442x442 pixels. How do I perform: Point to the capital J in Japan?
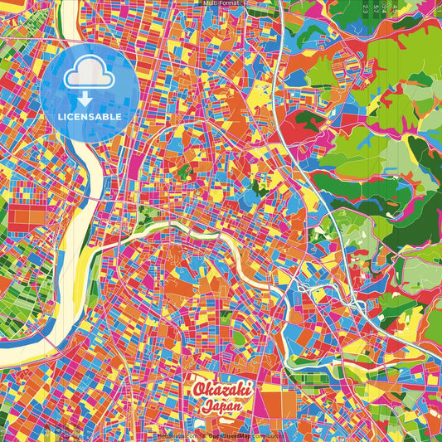point(205,406)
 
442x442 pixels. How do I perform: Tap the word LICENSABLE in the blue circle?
point(89,117)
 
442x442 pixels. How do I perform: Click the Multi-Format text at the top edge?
point(221,3)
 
